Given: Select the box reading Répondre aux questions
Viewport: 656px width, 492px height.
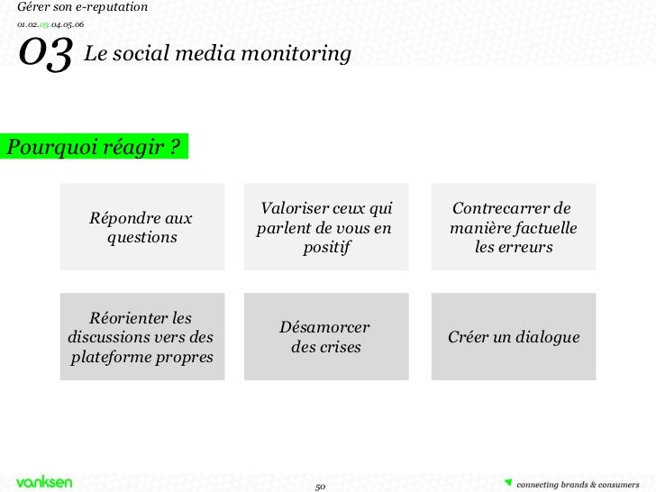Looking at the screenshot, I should (x=142, y=227).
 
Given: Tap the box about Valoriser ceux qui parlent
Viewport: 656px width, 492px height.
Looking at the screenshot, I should (x=326, y=227).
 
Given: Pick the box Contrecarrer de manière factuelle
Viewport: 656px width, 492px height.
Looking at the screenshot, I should (x=514, y=227).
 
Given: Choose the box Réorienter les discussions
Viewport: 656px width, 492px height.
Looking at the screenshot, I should (x=142, y=337).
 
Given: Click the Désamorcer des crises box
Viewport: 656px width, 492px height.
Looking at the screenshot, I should (x=326, y=337).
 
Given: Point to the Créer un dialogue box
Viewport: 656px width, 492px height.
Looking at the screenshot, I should (x=514, y=337).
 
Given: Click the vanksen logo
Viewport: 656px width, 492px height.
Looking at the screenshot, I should (x=44, y=482).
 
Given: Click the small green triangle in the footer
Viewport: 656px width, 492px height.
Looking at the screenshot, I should (x=508, y=479).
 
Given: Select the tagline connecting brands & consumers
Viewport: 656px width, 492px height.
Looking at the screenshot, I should (x=578, y=485).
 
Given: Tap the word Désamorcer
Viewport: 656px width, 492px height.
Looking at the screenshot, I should (x=324, y=327).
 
